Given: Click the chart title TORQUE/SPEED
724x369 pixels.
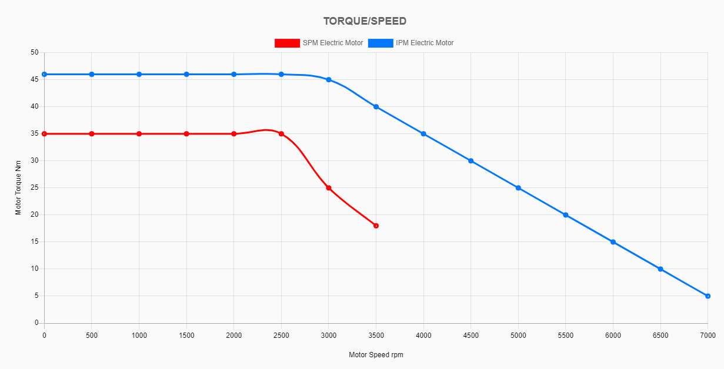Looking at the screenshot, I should [x=365, y=21].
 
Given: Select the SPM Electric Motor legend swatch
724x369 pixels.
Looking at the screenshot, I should [x=287, y=43].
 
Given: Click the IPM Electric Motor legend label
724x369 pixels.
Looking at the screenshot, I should [x=425, y=43].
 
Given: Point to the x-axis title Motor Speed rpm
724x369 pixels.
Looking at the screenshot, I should [x=376, y=355].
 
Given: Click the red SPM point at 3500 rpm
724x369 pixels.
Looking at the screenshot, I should [x=376, y=226].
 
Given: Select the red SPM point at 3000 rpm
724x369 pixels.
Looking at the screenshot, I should [x=329, y=188].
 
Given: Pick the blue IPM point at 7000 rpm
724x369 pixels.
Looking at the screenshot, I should [x=708, y=296].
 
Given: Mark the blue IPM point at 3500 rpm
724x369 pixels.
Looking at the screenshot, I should [x=376, y=107].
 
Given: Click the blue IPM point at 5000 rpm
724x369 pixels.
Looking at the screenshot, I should [x=518, y=188].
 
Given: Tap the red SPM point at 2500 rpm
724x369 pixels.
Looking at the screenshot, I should [x=281, y=134].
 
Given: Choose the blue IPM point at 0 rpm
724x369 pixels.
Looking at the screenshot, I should [x=44, y=74].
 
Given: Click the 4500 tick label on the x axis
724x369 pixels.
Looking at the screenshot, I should [x=471, y=336].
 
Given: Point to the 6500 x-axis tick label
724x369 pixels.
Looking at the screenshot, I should [x=660, y=336].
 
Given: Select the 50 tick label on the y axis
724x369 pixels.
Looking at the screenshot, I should [x=34, y=53].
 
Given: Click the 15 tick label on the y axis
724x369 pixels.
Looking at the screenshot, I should [x=34, y=241].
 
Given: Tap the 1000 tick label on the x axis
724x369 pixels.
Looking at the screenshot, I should [x=139, y=336].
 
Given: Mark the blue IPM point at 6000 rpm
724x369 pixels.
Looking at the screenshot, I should [x=613, y=242].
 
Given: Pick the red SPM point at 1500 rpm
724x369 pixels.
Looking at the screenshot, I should [x=186, y=134].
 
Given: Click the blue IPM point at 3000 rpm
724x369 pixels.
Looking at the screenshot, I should [x=329, y=80].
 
